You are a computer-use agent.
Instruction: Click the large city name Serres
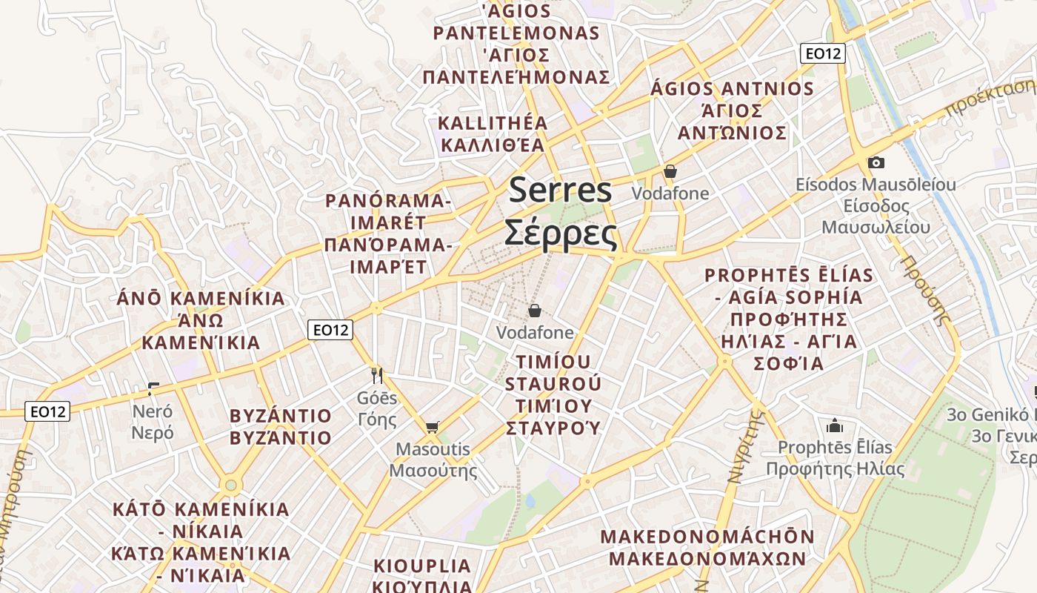tap(561, 190)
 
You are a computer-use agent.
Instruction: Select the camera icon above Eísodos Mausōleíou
tap(876, 162)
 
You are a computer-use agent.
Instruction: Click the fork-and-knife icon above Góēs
tap(377, 376)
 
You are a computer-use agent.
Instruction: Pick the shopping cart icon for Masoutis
tap(433, 427)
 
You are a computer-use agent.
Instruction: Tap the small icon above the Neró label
tap(153, 388)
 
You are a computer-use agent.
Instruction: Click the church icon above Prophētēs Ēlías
tap(835, 425)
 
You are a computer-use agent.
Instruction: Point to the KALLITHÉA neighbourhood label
tap(493, 123)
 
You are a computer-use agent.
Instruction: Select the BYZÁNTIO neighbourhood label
tap(281, 415)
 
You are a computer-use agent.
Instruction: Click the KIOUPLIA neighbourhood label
tap(422, 566)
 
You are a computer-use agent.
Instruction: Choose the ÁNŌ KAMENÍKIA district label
tap(201, 299)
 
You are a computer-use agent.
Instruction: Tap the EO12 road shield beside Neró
tap(47, 411)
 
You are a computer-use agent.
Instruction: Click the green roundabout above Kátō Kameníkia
tap(231, 485)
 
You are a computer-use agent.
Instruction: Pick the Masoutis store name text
tap(433, 449)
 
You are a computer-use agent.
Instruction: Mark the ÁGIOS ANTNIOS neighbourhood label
tap(732, 89)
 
